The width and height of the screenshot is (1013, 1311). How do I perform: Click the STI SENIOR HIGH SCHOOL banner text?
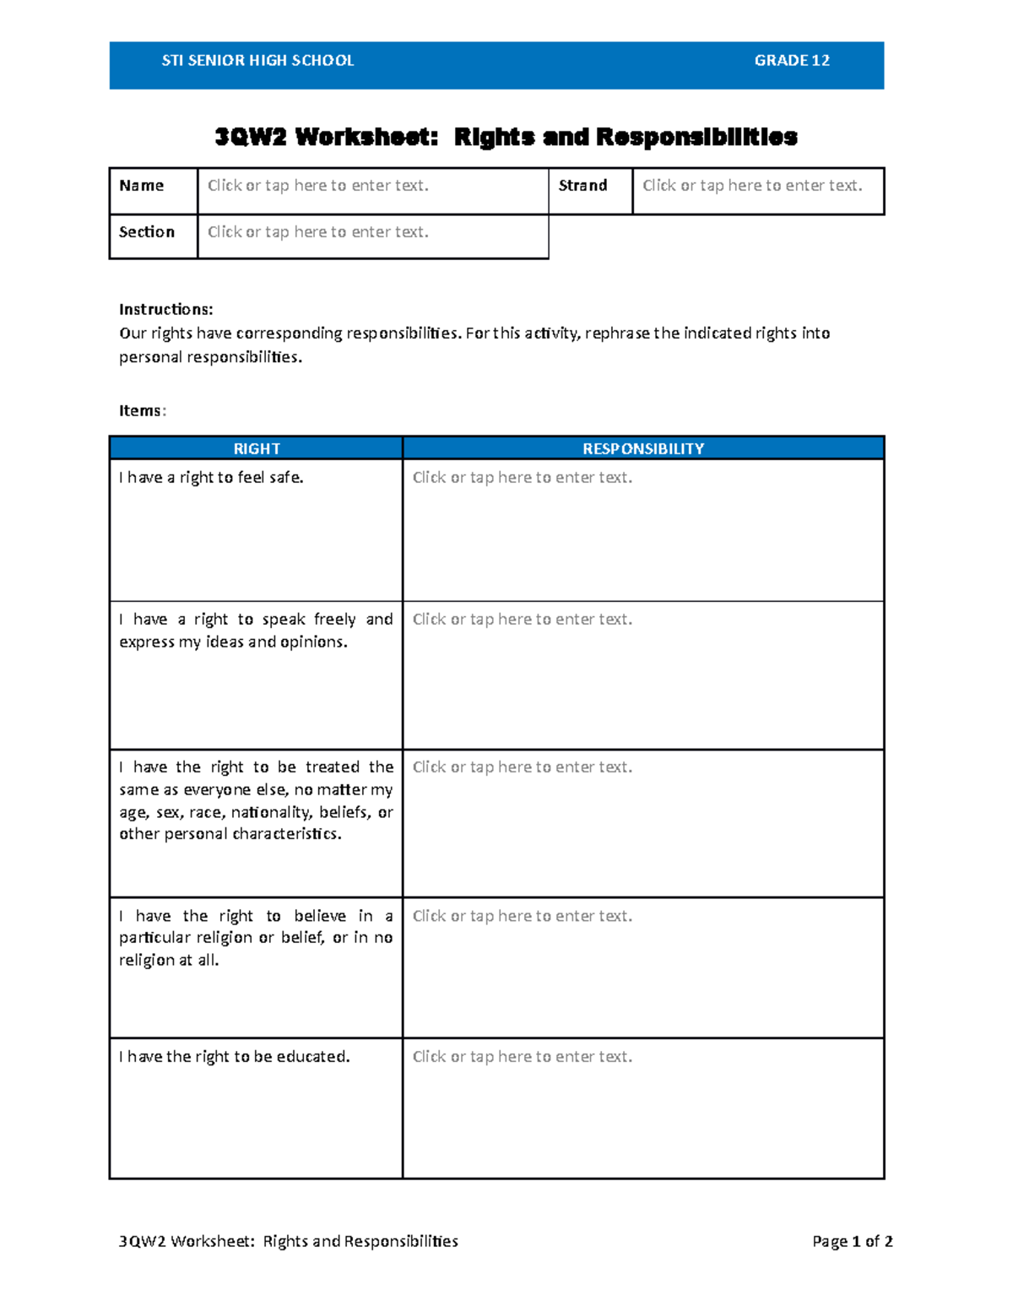257,61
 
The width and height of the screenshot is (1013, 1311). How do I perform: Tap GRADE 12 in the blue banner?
791,61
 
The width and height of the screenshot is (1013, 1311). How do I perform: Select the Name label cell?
142,186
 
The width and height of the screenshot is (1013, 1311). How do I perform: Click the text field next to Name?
318,186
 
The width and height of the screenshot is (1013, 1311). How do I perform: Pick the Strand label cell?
582,186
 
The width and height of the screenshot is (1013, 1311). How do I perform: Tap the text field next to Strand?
752,186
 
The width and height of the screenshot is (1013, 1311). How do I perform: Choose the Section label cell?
147,232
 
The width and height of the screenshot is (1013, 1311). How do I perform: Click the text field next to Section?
318,232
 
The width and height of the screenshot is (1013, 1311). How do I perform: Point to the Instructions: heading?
166,310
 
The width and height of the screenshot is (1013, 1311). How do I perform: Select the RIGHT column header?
257,449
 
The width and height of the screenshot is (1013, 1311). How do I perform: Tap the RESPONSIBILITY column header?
643,449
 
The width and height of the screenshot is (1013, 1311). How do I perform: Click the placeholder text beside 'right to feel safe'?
522,478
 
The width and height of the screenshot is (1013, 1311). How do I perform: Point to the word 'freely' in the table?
334,620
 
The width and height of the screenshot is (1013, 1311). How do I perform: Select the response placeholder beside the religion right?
522,916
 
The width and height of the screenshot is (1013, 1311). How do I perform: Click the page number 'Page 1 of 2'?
852,1242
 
